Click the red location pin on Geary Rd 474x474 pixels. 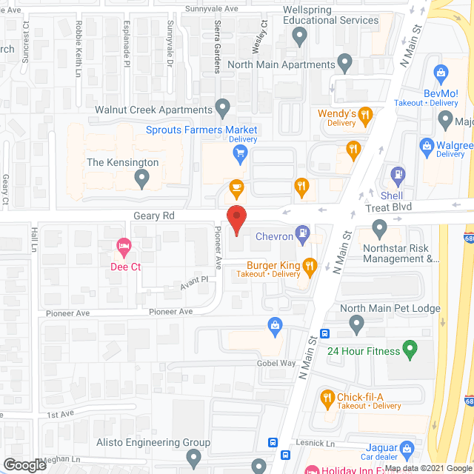tap(236, 221)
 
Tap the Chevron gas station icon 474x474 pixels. tap(303, 236)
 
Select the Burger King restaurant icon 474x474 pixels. tap(310, 264)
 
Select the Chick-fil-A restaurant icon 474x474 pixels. tap(327, 398)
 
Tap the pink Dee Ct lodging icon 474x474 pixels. tap(124, 245)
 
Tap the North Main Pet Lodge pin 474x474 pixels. tap(357, 323)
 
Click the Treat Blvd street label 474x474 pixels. tap(388, 208)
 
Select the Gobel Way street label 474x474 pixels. tap(277, 363)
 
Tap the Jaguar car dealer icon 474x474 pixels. tap(407, 448)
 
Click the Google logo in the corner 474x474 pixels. tap(24, 464)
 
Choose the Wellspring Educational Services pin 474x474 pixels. tap(300, 35)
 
